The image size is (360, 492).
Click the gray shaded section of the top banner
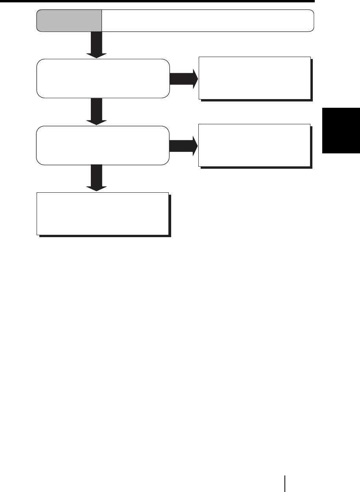(69, 20)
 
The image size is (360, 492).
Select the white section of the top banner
(208, 20)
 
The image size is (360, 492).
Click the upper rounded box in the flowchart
(103, 78)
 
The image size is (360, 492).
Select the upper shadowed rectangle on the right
(255, 78)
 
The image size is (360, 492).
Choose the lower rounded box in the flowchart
(103, 145)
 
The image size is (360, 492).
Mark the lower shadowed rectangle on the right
(255, 145)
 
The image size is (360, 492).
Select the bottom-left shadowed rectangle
(103, 213)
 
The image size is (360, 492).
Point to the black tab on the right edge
(341, 130)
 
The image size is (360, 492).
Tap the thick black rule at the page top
(157, 2)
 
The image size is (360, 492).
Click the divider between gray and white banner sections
(102, 20)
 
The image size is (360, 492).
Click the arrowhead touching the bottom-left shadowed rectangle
(96, 187)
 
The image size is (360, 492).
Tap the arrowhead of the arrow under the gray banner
(96, 54)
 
